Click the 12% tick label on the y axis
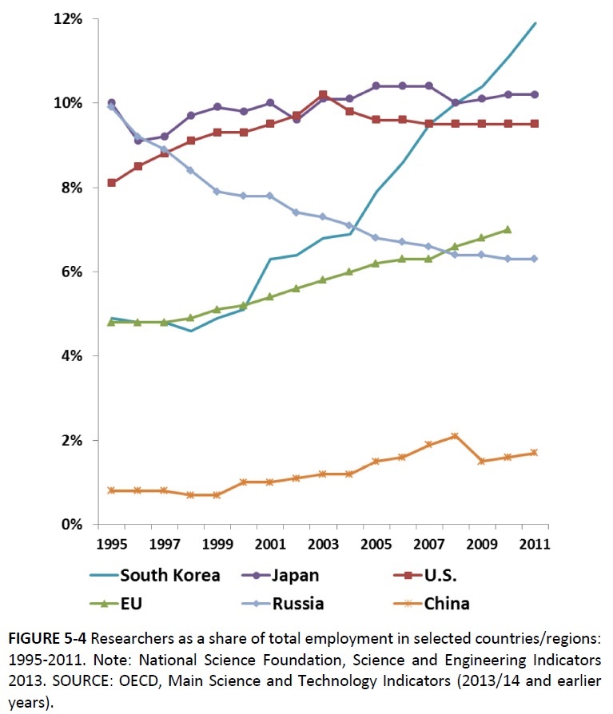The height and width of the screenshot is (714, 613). click(x=67, y=18)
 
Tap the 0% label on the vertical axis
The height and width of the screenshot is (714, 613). click(x=71, y=525)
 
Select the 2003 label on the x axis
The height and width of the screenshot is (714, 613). click(x=321, y=545)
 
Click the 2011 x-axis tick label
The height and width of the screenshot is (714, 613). click(x=535, y=545)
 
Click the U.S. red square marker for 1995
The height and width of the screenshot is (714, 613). click(x=111, y=183)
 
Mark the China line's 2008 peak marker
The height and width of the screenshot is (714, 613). click(x=455, y=436)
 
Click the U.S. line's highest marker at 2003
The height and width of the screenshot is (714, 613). click(x=322, y=95)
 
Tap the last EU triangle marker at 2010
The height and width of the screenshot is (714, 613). click(x=508, y=229)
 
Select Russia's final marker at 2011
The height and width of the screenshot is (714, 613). click(x=534, y=259)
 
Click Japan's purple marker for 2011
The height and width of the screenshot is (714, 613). click(x=534, y=94)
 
